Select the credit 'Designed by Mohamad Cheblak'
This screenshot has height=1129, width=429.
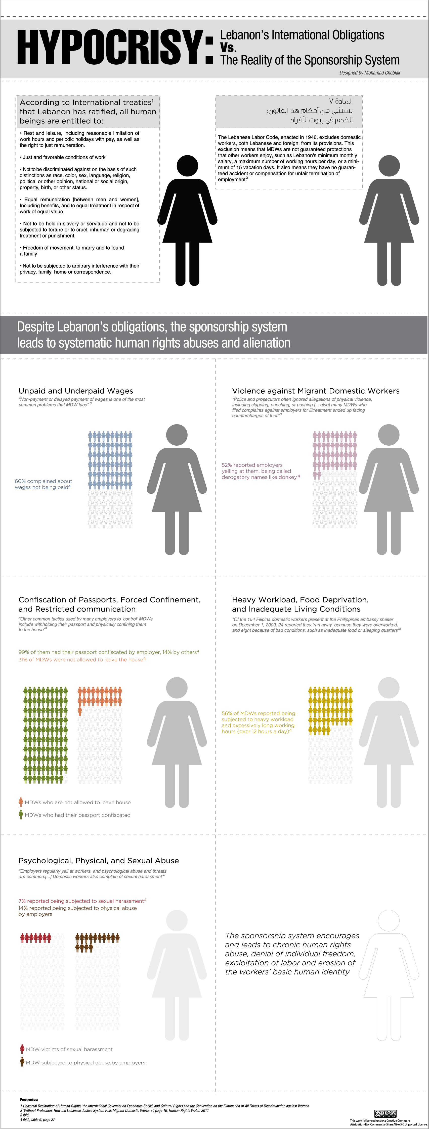coord(369,73)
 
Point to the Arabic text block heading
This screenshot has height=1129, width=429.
coord(310,110)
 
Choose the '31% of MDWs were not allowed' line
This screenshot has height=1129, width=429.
coord(81,660)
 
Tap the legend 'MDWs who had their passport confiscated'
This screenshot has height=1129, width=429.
coord(77,815)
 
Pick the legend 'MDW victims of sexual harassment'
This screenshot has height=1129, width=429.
coord(69,1049)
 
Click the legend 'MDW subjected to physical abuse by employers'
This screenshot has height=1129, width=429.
coord(85,1062)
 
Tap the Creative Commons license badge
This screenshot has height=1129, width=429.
coord(385,1113)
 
